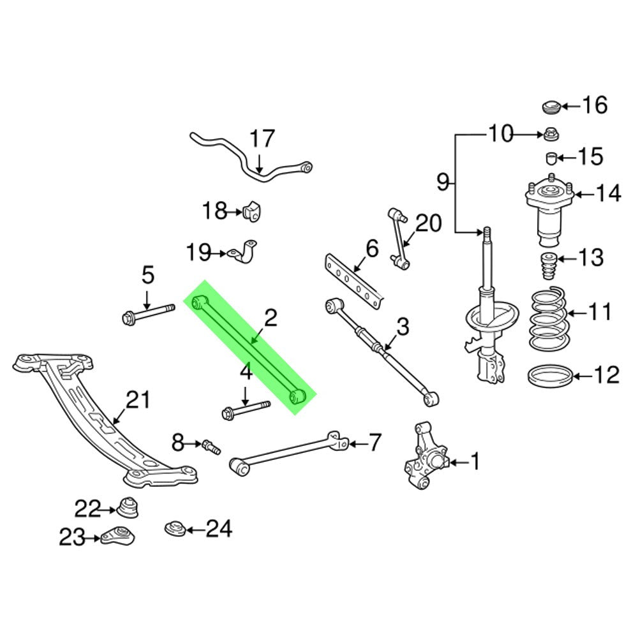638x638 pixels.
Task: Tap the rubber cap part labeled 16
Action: (550, 106)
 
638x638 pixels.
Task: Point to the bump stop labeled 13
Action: (547, 266)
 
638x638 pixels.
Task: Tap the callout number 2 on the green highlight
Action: (271, 318)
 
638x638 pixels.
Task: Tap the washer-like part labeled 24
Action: (174, 529)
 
